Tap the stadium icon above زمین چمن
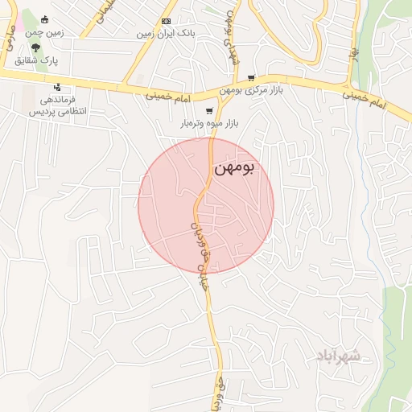point(44,19)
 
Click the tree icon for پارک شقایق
point(35,47)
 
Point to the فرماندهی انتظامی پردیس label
point(57,106)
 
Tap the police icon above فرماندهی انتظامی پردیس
point(56,87)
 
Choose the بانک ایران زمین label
point(167,34)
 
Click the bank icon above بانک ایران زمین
point(167,21)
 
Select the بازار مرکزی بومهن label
point(261,89)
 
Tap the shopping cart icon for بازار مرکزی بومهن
point(251,78)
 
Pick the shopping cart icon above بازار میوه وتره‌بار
point(209,111)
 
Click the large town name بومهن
point(234,168)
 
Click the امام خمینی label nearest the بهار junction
point(365,98)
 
